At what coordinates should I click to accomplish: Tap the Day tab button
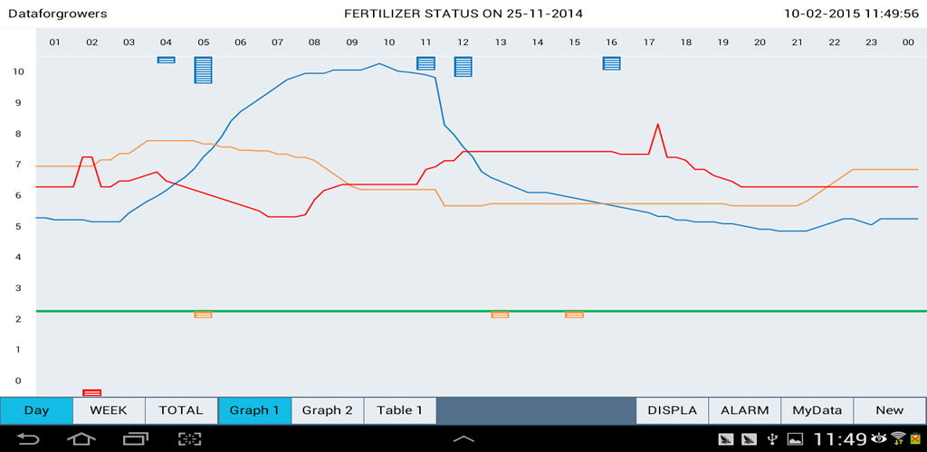[36, 410]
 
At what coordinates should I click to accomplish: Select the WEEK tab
[109, 410]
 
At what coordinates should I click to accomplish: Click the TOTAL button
[181, 410]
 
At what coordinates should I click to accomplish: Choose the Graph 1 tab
[254, 410]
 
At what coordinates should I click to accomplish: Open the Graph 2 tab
[327, 410]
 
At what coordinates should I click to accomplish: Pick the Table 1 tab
[399, 410]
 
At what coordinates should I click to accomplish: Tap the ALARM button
[744, 410]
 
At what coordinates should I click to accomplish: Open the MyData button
[817, 410]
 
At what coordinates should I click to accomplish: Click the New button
[889, 410]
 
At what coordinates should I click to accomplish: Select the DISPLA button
[672, 410]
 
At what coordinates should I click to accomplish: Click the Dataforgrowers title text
[57, 14]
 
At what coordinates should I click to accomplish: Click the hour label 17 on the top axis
[649, 42]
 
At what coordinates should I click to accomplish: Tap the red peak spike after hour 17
[658, 125]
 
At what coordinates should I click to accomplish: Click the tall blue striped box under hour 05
[203, 70]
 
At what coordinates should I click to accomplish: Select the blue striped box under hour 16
[612, 63]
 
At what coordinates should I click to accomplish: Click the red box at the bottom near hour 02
[91, 392]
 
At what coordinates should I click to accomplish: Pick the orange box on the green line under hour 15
[574, 315]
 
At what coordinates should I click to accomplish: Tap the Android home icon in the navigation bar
[81, 439]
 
